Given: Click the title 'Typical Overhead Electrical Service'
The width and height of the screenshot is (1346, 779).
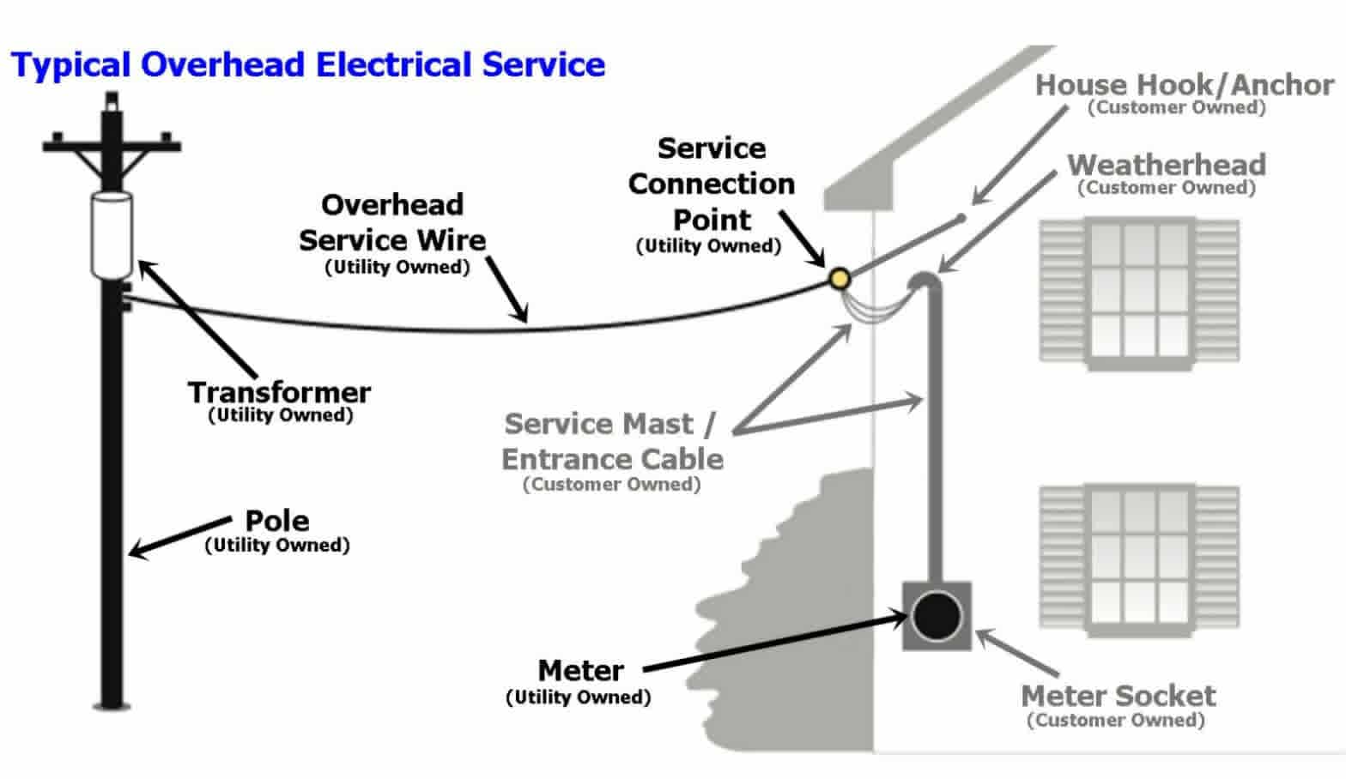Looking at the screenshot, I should [307, 65].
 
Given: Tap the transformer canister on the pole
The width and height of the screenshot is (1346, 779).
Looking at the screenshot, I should [112, 235].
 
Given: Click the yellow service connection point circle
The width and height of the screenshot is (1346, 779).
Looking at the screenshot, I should [839, 277].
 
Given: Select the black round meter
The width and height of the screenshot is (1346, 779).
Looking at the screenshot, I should [937, 616].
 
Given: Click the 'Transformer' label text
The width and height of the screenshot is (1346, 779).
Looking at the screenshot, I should [279, 393].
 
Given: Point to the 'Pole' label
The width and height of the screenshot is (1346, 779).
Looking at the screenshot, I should [276, 521].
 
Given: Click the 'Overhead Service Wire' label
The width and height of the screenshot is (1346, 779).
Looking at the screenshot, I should [392, 222].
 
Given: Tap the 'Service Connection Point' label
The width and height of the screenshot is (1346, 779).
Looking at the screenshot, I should [711, 184].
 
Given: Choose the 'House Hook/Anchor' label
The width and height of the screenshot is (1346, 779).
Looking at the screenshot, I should [1184, 85].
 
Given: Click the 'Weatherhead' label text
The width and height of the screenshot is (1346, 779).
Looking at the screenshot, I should [1166, 165].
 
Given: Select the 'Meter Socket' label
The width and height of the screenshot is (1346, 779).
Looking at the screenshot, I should [1118, 695].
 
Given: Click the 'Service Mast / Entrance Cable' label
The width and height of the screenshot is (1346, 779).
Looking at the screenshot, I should [611, 441].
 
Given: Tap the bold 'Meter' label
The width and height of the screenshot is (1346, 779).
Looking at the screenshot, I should [580, 670].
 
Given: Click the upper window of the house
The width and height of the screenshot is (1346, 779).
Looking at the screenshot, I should [1139, 292].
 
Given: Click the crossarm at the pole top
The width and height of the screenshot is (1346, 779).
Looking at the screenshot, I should [112, 145].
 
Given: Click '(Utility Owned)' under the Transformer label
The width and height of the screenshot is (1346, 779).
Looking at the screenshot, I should [281, 415].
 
